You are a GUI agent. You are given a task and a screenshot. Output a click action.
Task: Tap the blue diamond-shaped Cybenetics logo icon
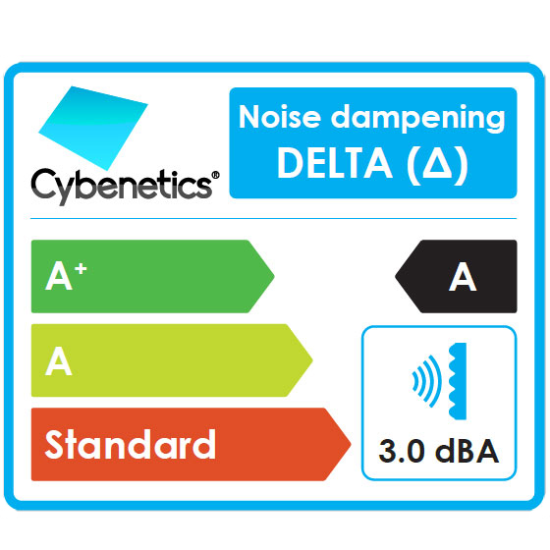[x=93, y=128]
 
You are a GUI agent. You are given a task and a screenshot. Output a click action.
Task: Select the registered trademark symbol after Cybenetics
[x=216, y=176]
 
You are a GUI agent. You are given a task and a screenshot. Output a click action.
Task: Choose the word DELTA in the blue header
[x=335, y=163]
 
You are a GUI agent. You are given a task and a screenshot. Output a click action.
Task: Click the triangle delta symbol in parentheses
[x=437, y=163]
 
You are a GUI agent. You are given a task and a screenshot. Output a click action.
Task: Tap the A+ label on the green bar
[x=66, y=276]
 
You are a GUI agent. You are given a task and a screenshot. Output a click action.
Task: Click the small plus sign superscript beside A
[x=81, y=269]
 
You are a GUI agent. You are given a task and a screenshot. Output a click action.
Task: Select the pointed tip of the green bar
[x=274, y=276]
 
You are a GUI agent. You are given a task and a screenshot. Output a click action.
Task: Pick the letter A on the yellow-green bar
[x=59, y=360]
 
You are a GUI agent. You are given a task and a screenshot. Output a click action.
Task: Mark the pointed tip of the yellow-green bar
[x=312, y=359]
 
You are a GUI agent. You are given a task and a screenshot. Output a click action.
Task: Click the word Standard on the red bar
[x=130, y=444]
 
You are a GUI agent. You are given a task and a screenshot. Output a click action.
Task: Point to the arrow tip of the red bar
[x=351, y=444]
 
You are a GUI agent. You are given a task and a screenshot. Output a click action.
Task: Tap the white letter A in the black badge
[x=463, y=276]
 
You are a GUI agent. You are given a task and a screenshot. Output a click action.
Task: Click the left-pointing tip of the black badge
[x=396, y=276]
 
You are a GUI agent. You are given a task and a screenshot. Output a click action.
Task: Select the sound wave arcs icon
[x=426, y=381]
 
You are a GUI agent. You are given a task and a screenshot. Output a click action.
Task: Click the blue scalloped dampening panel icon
[x=459, y=381]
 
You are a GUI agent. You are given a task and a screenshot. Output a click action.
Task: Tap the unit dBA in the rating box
[x=467, y=450]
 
